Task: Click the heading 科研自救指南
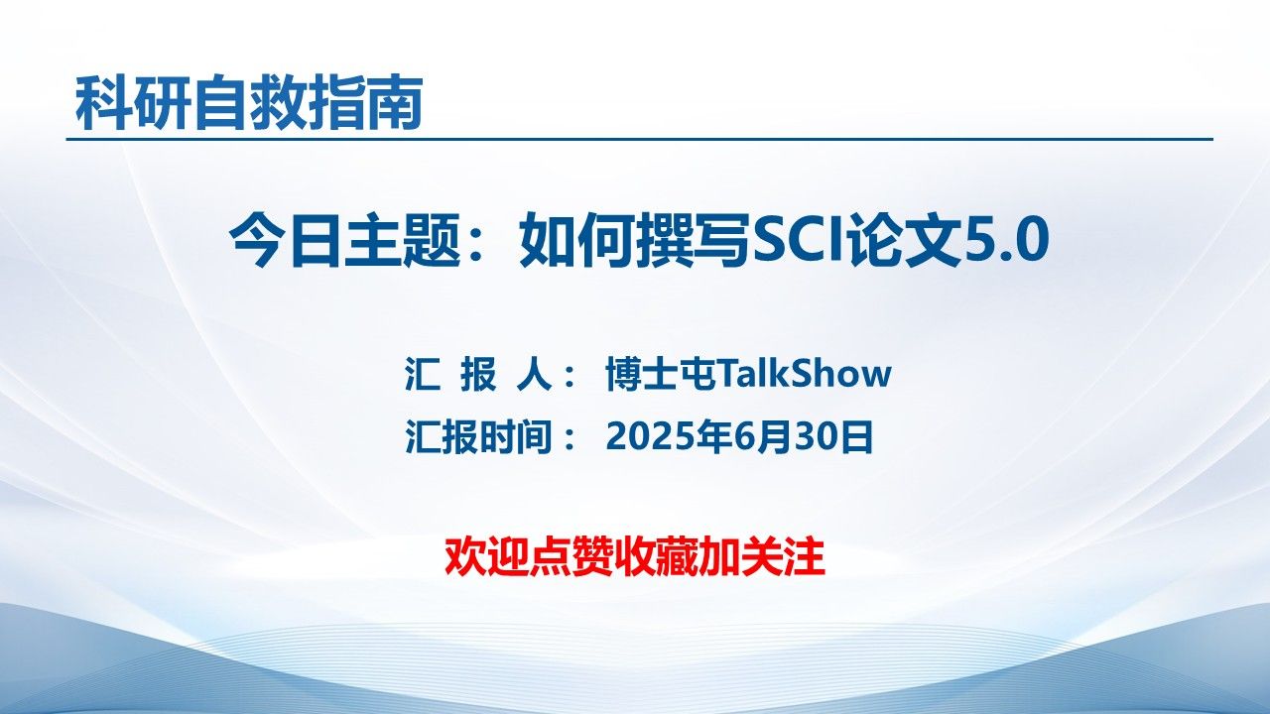point(249,103)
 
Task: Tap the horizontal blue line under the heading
point(639,140)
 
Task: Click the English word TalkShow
point(804,375)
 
